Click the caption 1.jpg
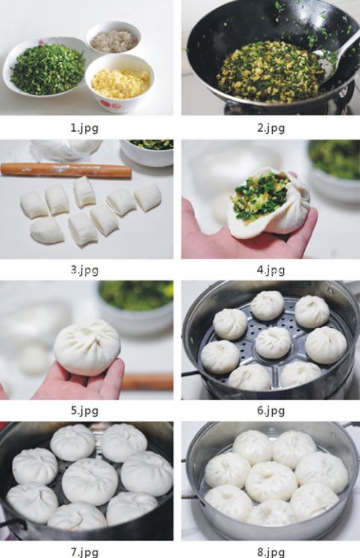coord(83,127)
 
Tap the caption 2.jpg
coord(270,127)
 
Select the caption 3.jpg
coord(83,270)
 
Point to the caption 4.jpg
coord(270,270)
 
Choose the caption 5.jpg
coord(83,410)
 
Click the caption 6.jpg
coord(270,410)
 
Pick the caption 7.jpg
coord(83,552)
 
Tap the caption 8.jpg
coord(270,552)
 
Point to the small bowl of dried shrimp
coord(113,39)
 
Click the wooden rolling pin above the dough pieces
coord(66,171)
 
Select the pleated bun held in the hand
coord(87,347)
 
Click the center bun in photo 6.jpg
coord(273,342)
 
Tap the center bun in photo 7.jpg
coord(89,481)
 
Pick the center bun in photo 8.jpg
coord(271,481)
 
